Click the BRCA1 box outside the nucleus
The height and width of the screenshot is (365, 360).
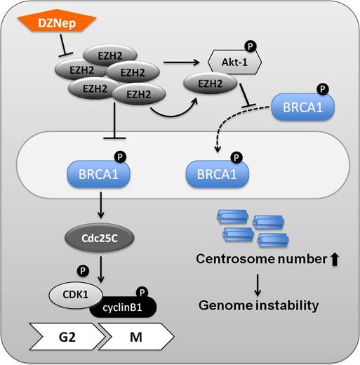pos(303,109)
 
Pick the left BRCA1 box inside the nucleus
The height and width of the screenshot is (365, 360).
pos(95,171)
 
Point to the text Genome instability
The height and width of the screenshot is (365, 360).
pos(258,305)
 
